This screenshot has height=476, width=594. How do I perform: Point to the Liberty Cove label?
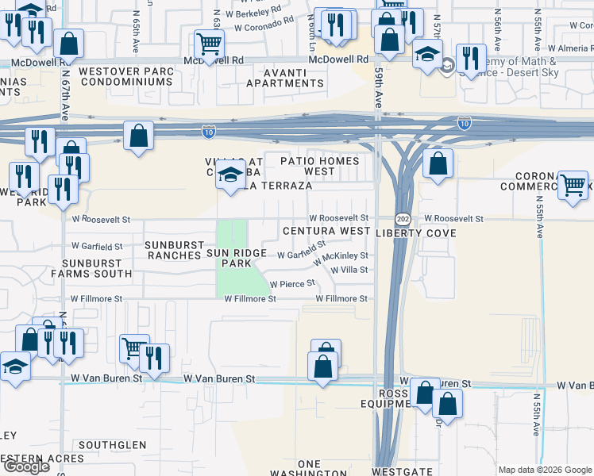tap(416, 233)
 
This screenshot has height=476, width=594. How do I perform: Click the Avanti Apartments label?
tap(285, 83)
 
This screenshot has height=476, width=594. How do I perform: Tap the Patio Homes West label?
tap(319, 166)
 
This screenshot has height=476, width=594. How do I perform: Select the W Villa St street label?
tap(349, 270)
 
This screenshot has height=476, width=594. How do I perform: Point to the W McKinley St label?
tap(341, 257)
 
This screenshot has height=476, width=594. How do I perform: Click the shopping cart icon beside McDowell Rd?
tap(209, 43)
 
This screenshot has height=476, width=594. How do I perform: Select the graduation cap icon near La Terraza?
tap(229, 177)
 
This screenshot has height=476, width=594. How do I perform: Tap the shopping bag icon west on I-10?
tap(138, 135)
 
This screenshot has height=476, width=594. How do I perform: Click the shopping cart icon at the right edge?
tap(573, 186)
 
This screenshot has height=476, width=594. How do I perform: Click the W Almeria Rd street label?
tap(568, 48)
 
